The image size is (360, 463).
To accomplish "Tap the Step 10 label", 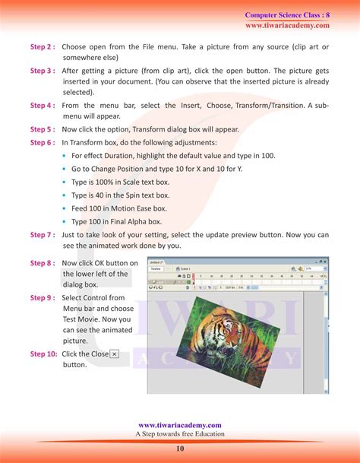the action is pyautogui.click(x=43, y=354).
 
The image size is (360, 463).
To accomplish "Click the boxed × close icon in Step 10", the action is pyautogui.click(x=115, y=354).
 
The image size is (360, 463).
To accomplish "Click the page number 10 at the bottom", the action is pyautogui.click(x=180, y=449).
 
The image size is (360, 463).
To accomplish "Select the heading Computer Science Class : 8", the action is pyautogui.click(x=286, y=15).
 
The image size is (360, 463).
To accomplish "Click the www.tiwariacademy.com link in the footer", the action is pyautogui.click(x=180, y=425).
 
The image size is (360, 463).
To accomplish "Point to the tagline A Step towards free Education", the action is pyautogui.click(x=180, y=434).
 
